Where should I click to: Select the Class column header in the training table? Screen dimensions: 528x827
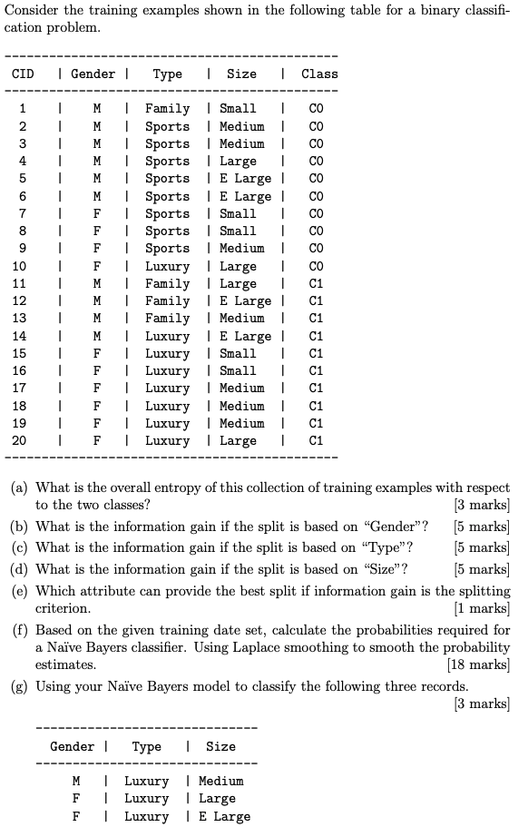coord(319,74)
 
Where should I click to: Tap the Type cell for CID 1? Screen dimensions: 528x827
coord(168,109)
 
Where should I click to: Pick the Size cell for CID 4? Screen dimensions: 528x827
coord(238,162)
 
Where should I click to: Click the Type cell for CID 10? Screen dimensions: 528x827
coord(168,267)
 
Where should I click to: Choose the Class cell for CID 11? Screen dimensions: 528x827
coord(316,284)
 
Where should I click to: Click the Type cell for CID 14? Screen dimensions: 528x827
coord(168,337)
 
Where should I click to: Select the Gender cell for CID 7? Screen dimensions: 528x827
coord(96,214)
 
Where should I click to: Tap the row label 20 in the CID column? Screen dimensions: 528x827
coord(19,441)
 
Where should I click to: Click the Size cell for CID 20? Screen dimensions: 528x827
coord(238,441)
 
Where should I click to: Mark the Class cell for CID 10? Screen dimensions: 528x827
coord(316,267)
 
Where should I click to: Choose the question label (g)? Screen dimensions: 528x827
coord(20,686)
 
